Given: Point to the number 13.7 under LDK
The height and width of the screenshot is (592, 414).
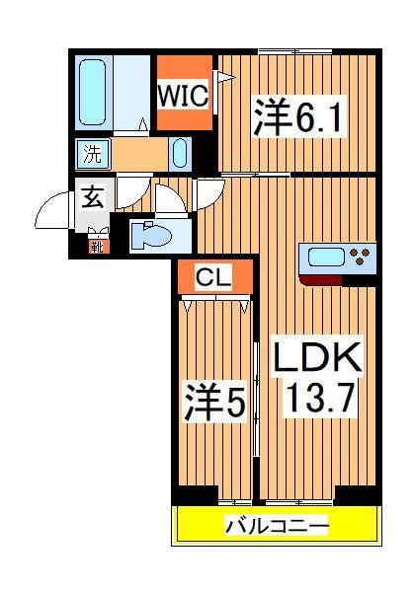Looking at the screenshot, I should point(317,400).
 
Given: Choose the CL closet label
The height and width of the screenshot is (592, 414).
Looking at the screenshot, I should point(212,279).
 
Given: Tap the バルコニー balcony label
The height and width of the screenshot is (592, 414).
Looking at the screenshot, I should point(278,526).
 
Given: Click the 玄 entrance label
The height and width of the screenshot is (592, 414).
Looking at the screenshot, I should point(92,196).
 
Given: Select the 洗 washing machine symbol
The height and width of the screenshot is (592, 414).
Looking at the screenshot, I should point(92,154).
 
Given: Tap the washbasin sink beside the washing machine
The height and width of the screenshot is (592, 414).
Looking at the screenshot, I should point(179,153).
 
